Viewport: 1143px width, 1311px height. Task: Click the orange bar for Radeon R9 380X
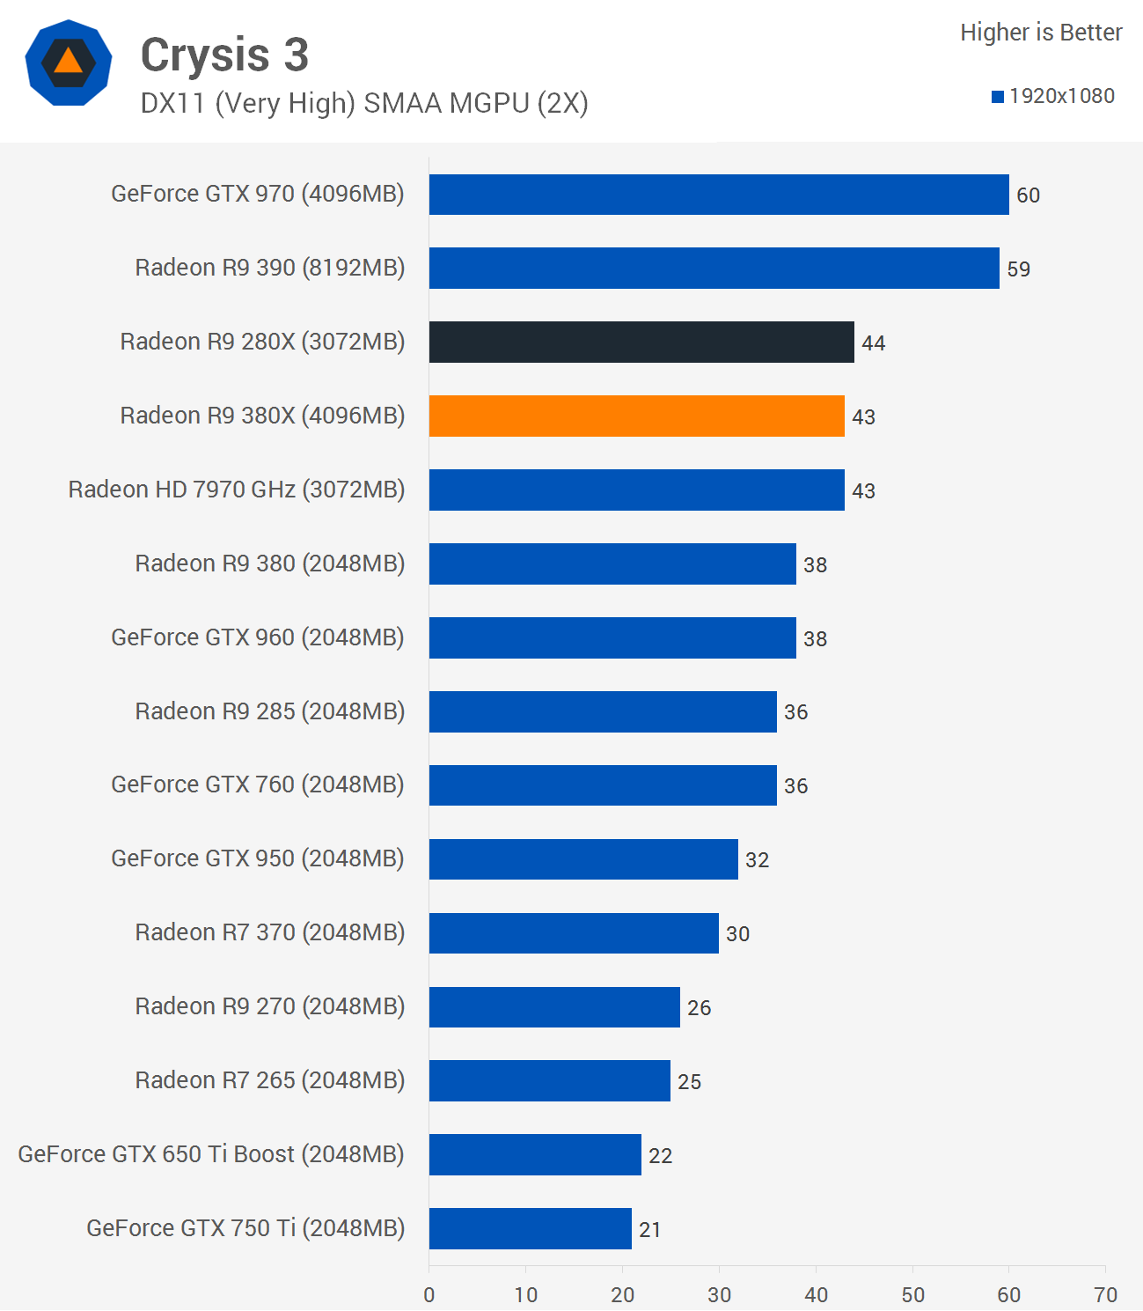(x=636, y=416)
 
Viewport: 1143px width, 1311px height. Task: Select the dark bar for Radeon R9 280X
(x=641, y=342)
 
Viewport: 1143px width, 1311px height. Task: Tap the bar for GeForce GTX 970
(x=719, y=195)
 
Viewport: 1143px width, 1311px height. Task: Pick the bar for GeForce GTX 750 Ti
(x=530, y=1228)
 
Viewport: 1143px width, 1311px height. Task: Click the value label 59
(x=1018, y=269)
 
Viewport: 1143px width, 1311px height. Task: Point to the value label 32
(x=757, y=859)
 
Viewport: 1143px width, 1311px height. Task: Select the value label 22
(x=660, y=1155)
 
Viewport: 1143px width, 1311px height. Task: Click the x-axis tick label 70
(x=1105, y=1294)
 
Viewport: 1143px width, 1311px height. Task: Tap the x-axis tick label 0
(x=429, y=1294)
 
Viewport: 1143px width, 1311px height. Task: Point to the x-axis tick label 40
(x=816, y=1294)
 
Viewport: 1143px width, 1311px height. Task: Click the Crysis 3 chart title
(x=224, y=55)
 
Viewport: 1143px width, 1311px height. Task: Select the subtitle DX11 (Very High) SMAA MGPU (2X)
(x=364, y=103)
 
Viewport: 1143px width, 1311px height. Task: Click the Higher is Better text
(x=1041, y=33)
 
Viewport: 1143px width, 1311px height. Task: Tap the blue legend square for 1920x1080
(x=997, y=97)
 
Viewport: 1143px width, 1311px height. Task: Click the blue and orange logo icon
(x=69, y=63)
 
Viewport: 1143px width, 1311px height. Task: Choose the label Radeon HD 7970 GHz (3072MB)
(x=237, y=490)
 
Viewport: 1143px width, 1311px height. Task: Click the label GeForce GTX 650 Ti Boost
(x=211, y=1154)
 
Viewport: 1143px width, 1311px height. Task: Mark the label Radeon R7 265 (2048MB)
(x=269, y=1080)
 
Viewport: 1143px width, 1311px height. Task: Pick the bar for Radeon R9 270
(x=554, y=1007)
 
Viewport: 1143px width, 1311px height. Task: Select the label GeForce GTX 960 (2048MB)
(x=257, y=637)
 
